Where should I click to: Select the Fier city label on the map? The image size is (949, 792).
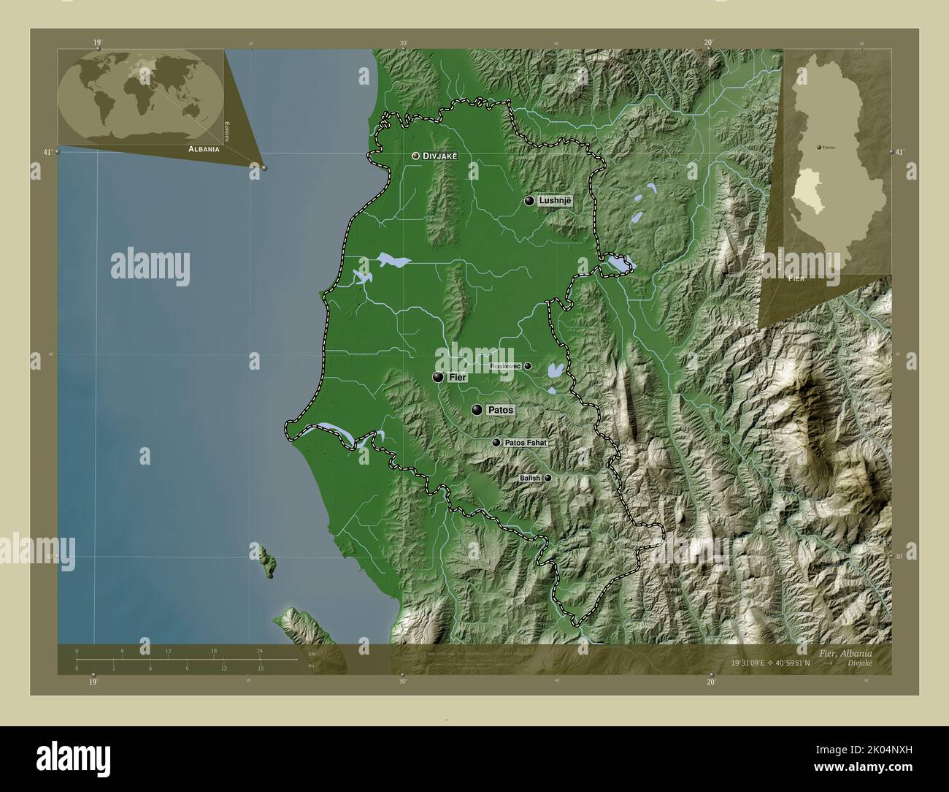(x=458, y=378)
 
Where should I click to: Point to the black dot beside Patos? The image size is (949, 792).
(x=477, y=410)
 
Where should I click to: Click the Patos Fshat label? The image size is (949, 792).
(x=524, y=443)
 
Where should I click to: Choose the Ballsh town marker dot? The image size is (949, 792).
(x=547, y=478)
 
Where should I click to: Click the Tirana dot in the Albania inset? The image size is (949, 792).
(x=818, y=147)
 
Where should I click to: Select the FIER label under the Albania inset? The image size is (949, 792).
(x=796, y=279)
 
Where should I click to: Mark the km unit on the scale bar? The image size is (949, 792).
(x=312, y=653)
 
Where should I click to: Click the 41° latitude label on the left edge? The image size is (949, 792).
(x=47, y=152)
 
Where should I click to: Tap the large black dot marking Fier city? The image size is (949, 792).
(x=438, y=377)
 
